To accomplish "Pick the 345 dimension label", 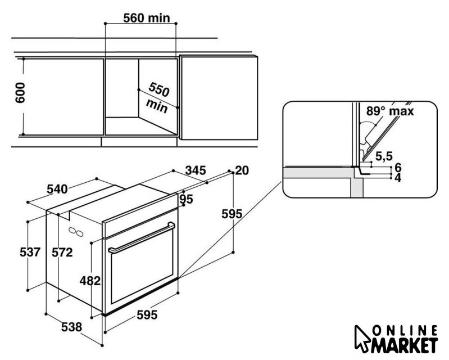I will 196,170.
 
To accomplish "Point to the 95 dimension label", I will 187,199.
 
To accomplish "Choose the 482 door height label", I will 90,280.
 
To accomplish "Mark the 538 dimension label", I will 72,326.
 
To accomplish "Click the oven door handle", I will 140,238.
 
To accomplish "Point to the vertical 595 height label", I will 232,214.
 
